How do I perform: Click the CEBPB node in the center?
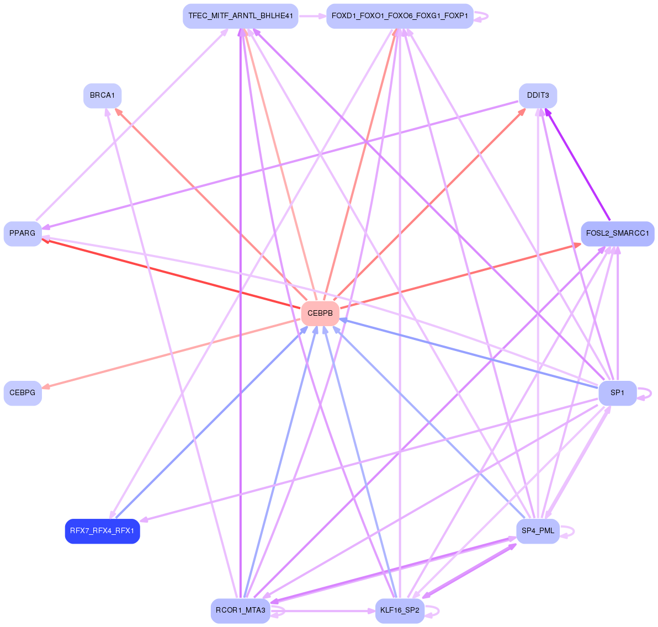tap(320, 313)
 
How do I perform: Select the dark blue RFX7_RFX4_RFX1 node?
tap(102, 531)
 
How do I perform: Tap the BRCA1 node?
tap(102, 95)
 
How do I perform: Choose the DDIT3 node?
tap(538, 95)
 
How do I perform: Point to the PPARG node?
tap(23, 233)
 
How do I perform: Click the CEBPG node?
tap(23, 393)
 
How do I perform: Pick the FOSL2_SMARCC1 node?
tap(617, 233)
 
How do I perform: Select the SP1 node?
tap(617, 393)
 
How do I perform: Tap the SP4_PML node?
tap(538, 531)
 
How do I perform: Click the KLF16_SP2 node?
tap(400, 611)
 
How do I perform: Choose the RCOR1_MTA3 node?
tap(241, 611)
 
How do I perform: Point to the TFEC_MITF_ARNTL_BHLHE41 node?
tap(241, 16)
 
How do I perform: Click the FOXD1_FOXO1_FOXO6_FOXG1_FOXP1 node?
tap(400, 16)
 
